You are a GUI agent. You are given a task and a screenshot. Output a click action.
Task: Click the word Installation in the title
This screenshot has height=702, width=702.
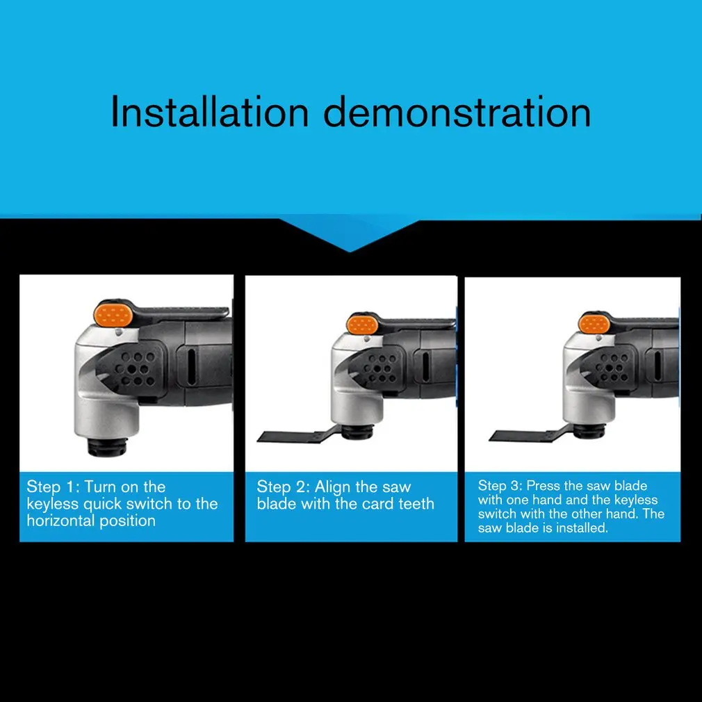tap(209, 111)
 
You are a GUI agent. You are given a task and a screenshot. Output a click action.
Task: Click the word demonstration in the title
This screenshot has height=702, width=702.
tap(457, 111)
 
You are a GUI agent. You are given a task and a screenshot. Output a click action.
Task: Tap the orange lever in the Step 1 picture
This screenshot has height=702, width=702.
tap(114, 316)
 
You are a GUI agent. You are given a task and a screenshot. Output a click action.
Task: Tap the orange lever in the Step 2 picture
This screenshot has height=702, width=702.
tap(362, 325)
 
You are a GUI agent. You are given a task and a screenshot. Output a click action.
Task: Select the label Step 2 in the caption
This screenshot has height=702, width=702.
tap(283, 487)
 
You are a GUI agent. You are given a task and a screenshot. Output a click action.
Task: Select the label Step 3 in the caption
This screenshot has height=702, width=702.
tap(500, 486)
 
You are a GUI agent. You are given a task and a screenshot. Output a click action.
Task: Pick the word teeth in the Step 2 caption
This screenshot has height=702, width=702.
tap(416, 504)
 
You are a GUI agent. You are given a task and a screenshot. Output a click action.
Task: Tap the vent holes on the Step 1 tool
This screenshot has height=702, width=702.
tap(136, 368)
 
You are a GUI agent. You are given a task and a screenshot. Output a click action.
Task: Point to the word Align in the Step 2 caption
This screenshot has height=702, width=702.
tap(332, 487)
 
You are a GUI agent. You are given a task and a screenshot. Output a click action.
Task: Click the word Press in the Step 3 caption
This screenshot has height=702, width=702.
tap(540, 486)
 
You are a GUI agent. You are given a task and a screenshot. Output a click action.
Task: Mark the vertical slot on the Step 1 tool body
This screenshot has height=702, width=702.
tap(192, 367)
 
